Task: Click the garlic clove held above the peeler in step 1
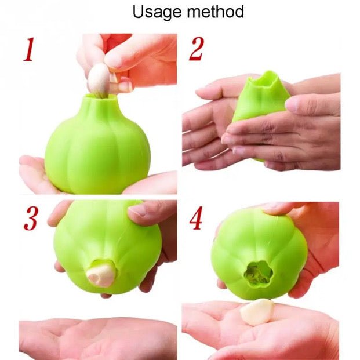coord(99,79)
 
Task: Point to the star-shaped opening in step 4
coord(258,273)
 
